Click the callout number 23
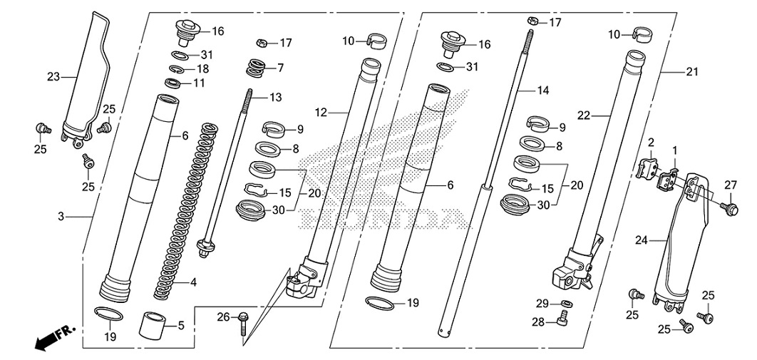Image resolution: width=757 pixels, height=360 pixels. (x=52, y=76)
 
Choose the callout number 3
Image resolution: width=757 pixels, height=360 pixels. (x=62, y=215)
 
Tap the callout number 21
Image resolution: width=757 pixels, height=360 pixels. (x=691, y=71)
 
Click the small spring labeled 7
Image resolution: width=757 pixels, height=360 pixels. (x=254, y=68)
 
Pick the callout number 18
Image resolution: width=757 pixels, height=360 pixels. (x=202, y=69)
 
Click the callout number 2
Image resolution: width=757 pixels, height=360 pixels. (x=651, y=143)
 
